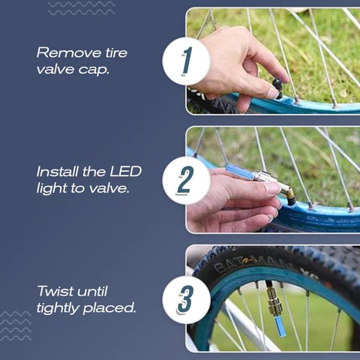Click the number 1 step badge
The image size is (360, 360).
pos(186,61)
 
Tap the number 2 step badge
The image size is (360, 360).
pos(186,180)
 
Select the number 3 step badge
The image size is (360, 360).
pos(186,299)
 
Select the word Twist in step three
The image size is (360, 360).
pos(55,291)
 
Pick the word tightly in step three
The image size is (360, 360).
pos(58,307)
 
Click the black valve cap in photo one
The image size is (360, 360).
pos(277,88)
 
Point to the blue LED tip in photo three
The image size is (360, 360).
pos(280,325)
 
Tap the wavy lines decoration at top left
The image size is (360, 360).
pos(82,8)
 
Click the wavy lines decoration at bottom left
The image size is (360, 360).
pos(16,325)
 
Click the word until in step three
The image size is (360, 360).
pos(92,291)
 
